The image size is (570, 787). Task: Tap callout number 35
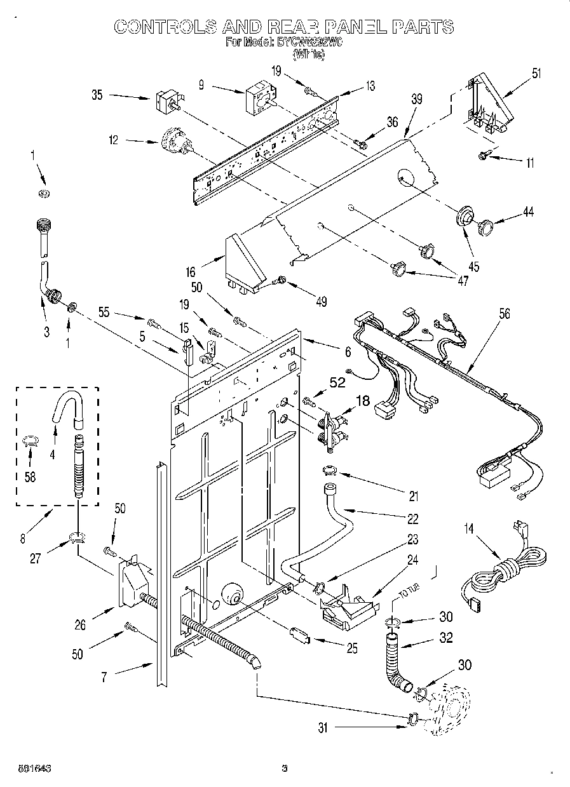click(97, 96)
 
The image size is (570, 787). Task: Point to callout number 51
click(537, 73)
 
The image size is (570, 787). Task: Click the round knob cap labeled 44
click(487, 225)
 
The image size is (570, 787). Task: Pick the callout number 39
click(416, 99)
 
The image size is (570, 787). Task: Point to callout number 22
click(413, 519)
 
